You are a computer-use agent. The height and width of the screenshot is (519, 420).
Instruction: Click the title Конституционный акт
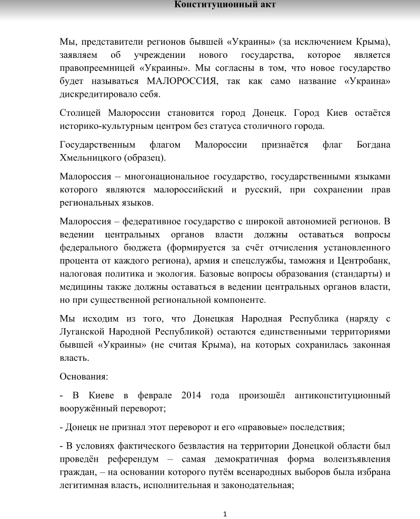click(x=225, y=5)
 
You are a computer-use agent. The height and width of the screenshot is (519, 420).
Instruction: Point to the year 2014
click(x=192, y=395)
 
